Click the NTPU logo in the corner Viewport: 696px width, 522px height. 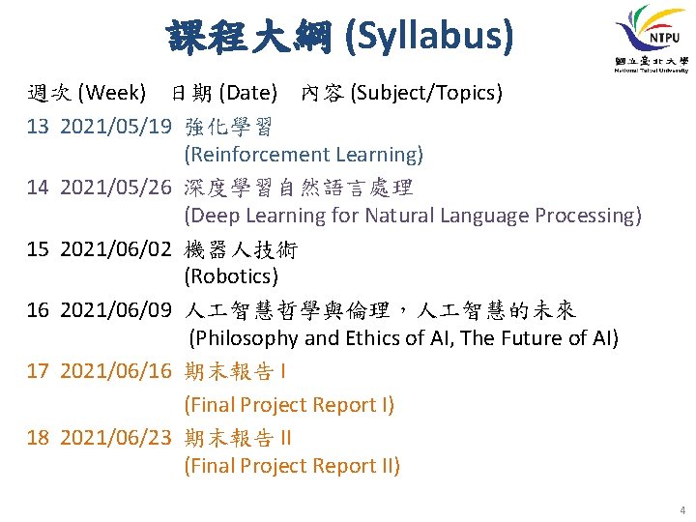[649, 39]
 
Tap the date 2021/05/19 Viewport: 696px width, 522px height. [116, 127]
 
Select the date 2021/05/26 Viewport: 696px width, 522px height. [116, 188]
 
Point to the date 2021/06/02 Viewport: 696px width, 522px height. [116, 249]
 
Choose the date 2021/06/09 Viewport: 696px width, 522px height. [116, 310]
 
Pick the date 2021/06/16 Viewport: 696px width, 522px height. [116, 372]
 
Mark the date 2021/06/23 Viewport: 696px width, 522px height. [116, 437]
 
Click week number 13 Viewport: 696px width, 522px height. [38, 127]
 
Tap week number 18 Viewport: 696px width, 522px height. [38, 437]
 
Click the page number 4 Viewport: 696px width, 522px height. [682, 509]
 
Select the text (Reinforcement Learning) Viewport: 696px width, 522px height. [304, 155]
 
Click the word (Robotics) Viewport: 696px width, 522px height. [231, 276]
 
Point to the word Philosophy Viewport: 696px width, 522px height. [249, 338]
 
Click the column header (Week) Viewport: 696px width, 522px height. [111, 93]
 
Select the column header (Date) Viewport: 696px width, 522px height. [249, 93]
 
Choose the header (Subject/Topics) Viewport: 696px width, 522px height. [426, 93]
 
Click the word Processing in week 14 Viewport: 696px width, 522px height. [586, 216]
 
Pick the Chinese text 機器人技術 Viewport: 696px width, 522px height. [241, 249]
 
